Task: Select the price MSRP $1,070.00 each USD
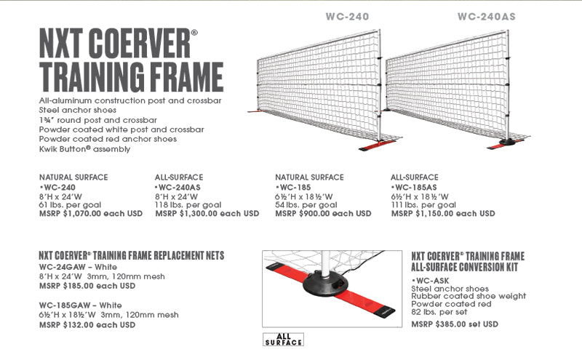(x=91, y=214)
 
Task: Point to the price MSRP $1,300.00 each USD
(x=207, y=214)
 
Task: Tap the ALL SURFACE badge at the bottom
(x=283, y=339)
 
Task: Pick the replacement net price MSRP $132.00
(x=87, y=324)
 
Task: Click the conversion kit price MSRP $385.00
(x=454, y=324)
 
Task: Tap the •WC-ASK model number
(x=434, y=279)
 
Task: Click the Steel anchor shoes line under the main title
(x=76, y=111)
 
